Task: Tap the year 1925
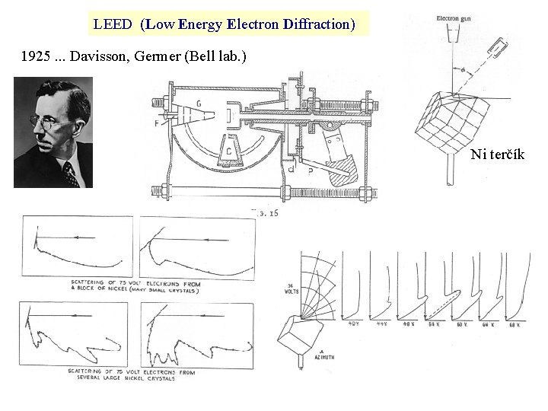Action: point(37,57)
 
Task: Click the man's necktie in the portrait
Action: point(71,175)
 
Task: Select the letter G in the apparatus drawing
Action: point(199,103)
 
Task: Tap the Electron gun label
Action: point(452,18)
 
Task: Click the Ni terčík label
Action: point(497,155)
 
